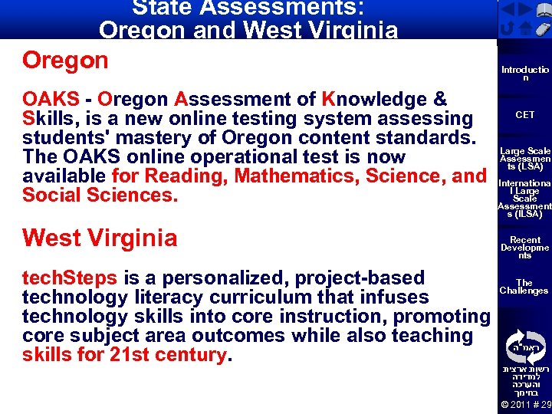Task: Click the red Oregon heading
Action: tap(65, 61)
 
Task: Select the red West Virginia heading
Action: tap(100, 238)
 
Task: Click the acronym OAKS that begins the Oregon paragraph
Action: tap(51, 100)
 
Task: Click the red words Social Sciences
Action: tap(100, 195)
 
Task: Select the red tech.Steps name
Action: tap(70, 278)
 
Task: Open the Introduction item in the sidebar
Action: tap(524, 74)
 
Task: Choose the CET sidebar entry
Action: tap(524, 115)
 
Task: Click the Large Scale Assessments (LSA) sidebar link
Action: tap(524, 159)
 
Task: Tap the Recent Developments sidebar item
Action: tap(524, 248)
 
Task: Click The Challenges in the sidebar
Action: tap(524, 287)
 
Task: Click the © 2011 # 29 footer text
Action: tap(525, 404)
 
